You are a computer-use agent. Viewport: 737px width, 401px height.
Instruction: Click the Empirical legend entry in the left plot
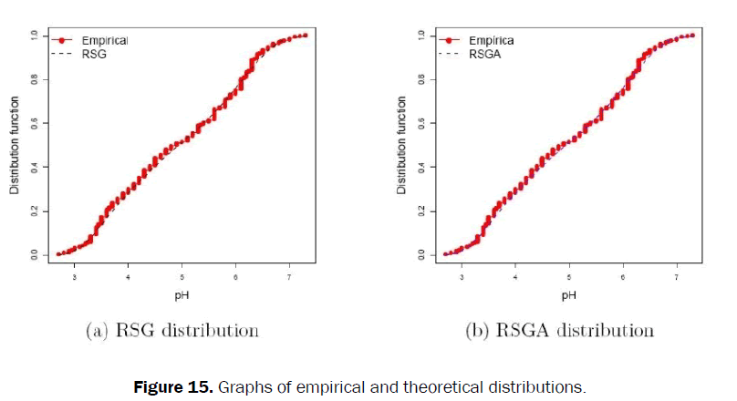pos(104,40)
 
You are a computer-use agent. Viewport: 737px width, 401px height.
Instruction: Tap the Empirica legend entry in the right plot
pos(491,40)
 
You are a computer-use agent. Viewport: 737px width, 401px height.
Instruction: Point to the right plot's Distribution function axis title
pos(402,145)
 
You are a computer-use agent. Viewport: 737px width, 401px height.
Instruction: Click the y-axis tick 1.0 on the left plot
pos(35,36)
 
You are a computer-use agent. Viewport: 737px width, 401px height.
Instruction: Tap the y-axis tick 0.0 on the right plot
pos(422,254)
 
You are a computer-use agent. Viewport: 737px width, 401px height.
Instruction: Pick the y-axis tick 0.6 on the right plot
pos(422,123)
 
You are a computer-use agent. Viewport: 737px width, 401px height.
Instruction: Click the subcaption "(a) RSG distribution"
pos(171,330)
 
